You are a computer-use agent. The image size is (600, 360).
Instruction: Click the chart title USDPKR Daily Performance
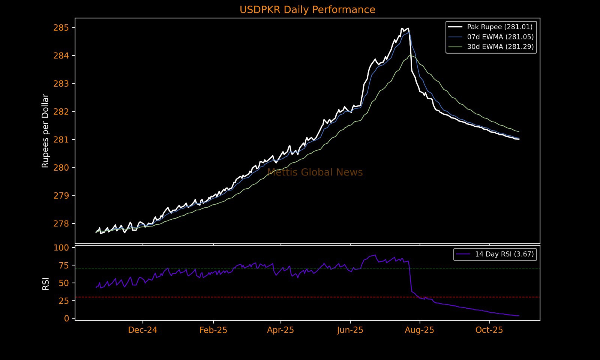pyautogui.click(x=307, y=10)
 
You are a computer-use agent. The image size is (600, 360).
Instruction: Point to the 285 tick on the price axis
pyautogui.click(x=61, y=28)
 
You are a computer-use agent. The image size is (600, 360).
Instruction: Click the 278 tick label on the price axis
pyautogui.click(x=61, y=224)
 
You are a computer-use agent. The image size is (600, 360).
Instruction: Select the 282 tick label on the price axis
pyautogui.click(x=61, y=112)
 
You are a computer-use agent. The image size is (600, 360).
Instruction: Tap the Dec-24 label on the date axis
pyautogui.click(x=142, y=330)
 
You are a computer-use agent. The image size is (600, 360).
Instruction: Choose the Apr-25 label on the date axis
pyautogui.click(x=280, y=330)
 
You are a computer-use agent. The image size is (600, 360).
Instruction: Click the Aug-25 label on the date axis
pyautogui.click(x=420, y=330)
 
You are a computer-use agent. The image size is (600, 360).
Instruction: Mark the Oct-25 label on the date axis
pyautogui.click(x=489, y=330)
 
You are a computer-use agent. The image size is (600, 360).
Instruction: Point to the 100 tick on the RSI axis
pyautogui.click(x=61, y=247)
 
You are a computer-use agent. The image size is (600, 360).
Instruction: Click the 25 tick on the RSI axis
pyautogui.click(x=64, y=301)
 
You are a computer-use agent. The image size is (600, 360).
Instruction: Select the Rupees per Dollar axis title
pyautogui.click(x=45, y=131)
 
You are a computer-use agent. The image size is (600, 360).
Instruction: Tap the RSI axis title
pyautogui.click(x=46, y=284)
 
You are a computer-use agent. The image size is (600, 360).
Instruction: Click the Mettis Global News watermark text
pyautogui.click(x=315, y=172)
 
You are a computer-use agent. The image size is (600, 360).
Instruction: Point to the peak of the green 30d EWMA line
pyautogui.click(x=410, y=55)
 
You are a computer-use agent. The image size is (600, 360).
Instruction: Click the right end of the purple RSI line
pyautogui.click(x=519, y=316)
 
